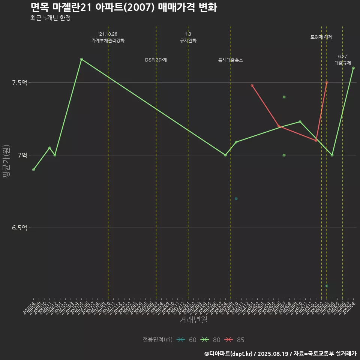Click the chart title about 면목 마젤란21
tap(123, 7)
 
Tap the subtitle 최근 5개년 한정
tap(51, 18)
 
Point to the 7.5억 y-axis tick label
tap(20, 83)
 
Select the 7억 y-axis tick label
tap(22, 155)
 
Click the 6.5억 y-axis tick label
tap(20, 228)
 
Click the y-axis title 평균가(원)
tap(6, 161)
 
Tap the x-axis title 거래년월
tap(193, 319)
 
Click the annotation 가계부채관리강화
tap(108, 40)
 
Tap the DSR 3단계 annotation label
tap(156, 60)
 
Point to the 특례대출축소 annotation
tap(231, 60)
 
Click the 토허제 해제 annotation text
tap(321, 37)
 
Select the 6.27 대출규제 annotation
tap(343, 60)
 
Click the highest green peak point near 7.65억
tap(81, 59)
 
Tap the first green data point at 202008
tap(34, 169)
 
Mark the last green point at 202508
tap(353, 68)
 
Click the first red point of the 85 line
tap(252, 85)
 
